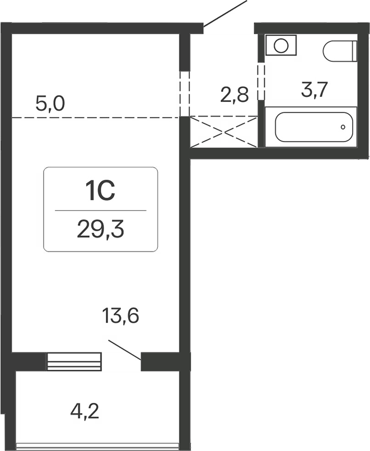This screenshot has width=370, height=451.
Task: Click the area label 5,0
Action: pos(50,104)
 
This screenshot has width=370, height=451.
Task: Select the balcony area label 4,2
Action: pos(86,413)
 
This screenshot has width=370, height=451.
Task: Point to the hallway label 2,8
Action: pos(234,95)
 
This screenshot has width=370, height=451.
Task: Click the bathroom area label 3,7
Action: pos(314,89)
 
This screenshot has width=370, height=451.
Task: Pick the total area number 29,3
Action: pos(101,230)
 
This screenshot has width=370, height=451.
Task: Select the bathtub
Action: pos(315,127)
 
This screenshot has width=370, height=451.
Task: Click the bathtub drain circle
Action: pos(343,127)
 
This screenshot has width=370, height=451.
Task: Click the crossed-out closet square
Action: pos(224,132)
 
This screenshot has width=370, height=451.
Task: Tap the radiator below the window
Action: pos(74,362)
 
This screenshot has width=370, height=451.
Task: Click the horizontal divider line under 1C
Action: pos(101,210)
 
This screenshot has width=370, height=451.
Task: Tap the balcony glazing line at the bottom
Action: pos(101,447)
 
